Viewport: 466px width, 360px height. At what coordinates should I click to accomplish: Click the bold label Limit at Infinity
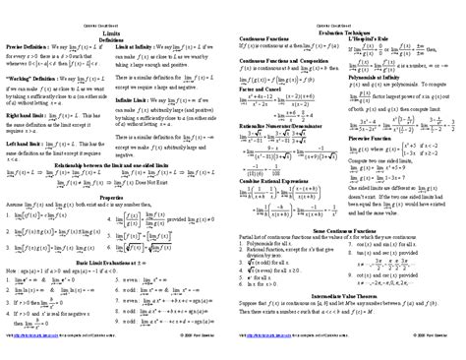[x=139, y=48]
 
